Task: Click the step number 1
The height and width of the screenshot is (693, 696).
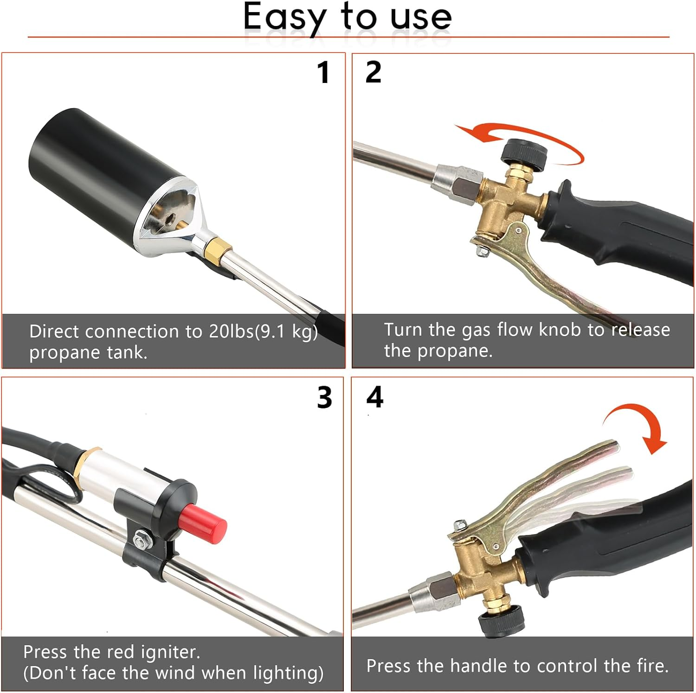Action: (323, 73)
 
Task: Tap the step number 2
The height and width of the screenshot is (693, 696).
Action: (373, 73)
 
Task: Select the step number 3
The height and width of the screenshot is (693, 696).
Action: (324, 398)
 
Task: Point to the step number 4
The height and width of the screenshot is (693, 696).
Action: (374, 397)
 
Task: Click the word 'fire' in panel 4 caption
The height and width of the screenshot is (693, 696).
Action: (650, 666)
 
